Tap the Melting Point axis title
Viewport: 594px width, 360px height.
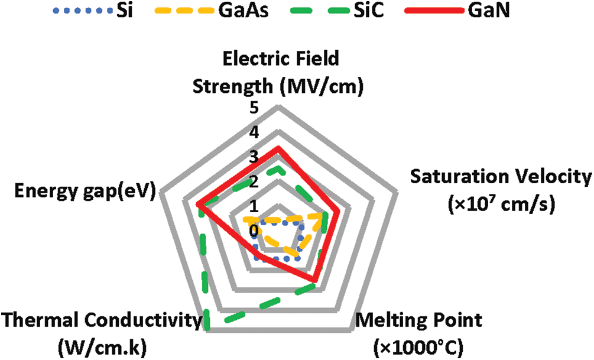click(419, 332)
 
